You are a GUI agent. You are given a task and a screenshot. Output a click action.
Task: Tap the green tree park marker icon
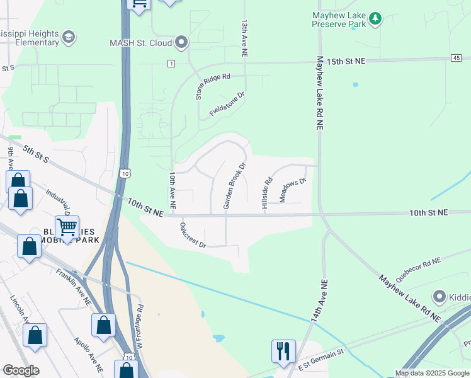tap(376, 19)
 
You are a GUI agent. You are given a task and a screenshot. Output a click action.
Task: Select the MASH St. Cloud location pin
tap(182, 43)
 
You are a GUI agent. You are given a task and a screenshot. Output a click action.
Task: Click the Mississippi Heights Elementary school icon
tap(68, 38)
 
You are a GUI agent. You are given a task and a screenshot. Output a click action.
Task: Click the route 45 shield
tap(456, 58)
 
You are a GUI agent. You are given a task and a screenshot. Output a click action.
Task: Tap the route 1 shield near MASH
tap(171, 64)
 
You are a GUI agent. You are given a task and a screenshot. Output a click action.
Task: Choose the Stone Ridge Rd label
tap(213, 86)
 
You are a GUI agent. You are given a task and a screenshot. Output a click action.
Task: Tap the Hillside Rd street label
tap(267, 193)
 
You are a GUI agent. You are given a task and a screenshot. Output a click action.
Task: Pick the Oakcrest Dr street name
tap(193, 235)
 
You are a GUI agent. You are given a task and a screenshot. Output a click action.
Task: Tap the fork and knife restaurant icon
tap(283, 350)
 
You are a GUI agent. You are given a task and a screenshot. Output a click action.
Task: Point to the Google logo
tap(21, 370)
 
